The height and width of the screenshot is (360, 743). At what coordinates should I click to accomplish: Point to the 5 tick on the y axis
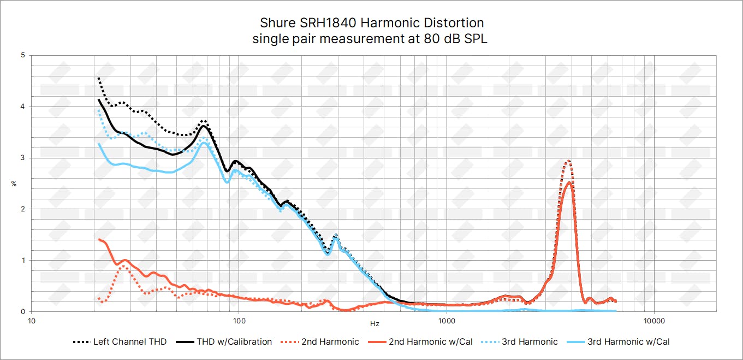pyautogui.click(x=22, y=55)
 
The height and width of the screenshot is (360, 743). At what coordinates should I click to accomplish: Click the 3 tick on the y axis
pyautogui.click(x=22, y=158)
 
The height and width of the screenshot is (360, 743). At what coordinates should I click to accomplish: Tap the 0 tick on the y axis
pyautogui.click(x=22, y=311)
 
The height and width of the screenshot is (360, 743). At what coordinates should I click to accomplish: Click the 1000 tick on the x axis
pyautogui.click(x=447, y=320)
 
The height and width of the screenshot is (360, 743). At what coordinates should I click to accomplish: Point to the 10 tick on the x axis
pyautogui.click(x=32, y=320)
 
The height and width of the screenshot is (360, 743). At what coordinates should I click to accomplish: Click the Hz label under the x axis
pyautogui.click(x=375, y=324)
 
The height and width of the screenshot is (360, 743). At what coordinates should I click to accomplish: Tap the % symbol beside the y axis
pyautogui.click(x=14, y=184)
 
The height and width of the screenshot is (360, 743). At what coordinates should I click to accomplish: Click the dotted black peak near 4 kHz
pyautogui.click(x=568, y=160)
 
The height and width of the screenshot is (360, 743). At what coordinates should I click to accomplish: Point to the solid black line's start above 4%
pyautogui.click(x=99, y=99)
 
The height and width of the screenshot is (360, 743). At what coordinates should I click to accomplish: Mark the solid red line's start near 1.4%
pyautogui.click(x=99, y=239)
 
